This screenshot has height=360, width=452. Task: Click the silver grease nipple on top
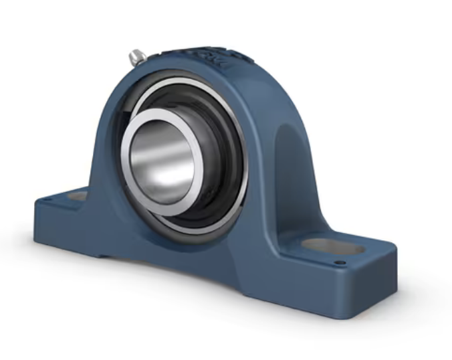click(x=138, y=58)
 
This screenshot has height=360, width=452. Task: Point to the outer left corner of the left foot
click(x=37, y=204)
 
